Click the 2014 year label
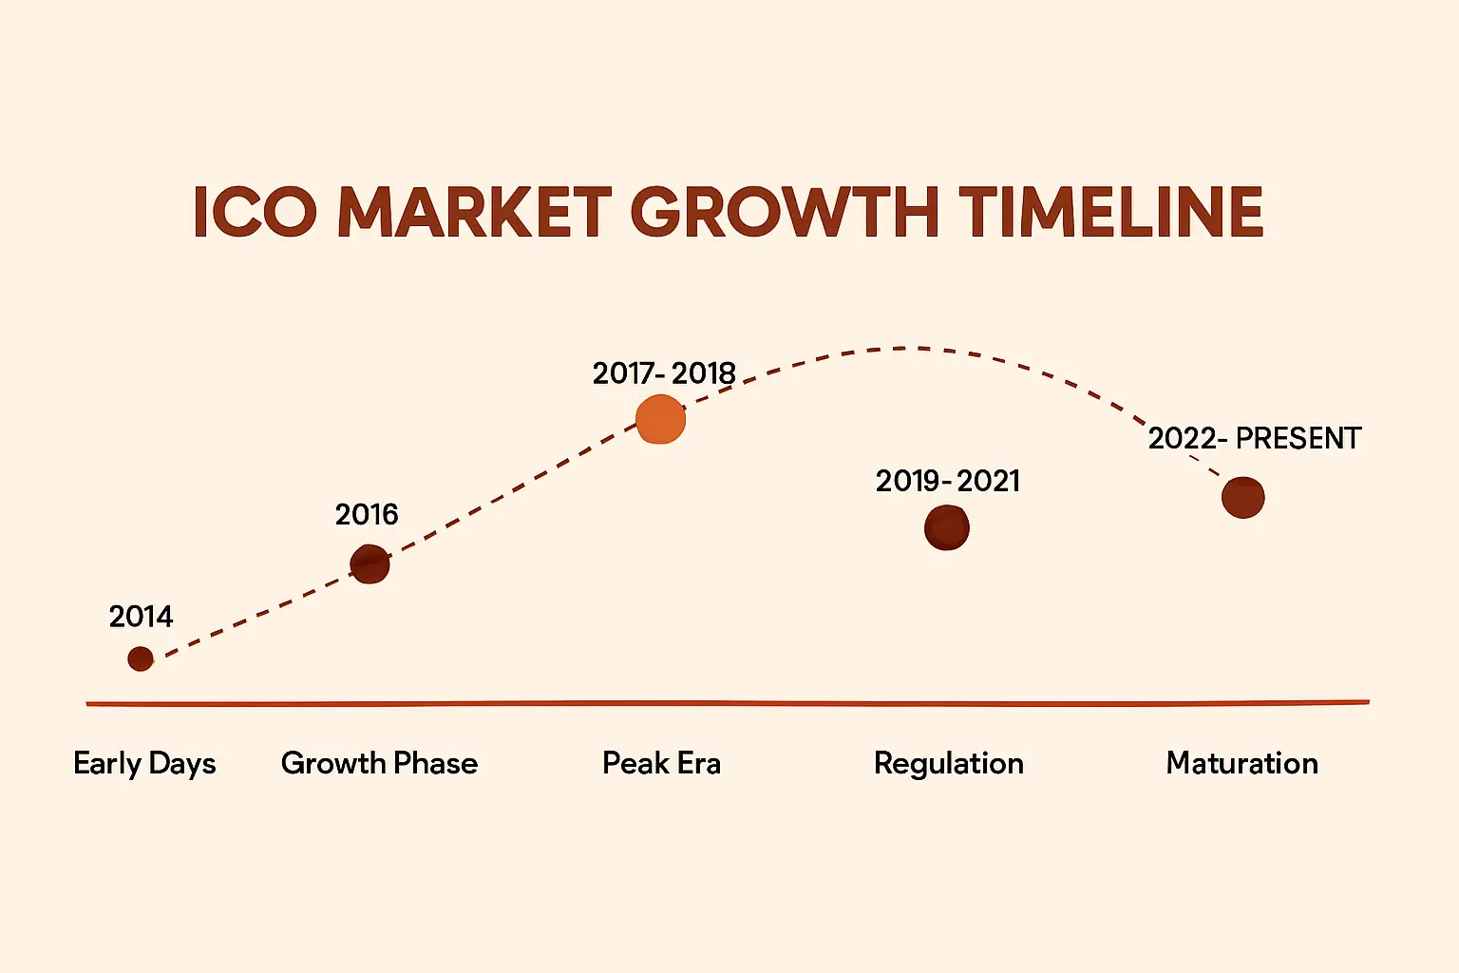[x=141, y=617]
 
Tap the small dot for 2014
[x=141, y=658]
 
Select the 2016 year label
[x=367, y=515]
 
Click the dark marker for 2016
[x=369, y=563]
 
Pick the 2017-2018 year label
[x=664, y=373]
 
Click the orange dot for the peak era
[x=661, y=419]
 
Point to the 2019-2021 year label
[x=947, y=481]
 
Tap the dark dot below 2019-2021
[x=947, y=527]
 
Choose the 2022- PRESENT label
[x=1254, y=438]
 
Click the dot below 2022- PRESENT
[x=1242, y=497]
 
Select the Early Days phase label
[x=144, y=764]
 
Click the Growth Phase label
[x=379, y=763]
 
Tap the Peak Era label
[x=661, y=763]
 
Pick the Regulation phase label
[x=948, y=764]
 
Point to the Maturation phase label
[x=1241, y=763]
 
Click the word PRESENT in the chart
[x=1298, y=438]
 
